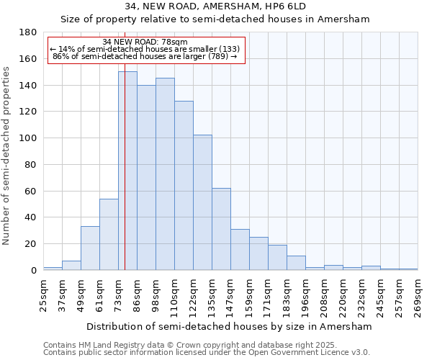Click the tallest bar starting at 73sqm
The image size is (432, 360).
(127, 171)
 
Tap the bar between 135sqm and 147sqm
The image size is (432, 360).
(221, 229)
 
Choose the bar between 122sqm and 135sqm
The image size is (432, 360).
(202, 202)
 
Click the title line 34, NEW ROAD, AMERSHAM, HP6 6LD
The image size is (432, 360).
(215, 6)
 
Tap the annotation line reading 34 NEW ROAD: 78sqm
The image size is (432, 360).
(145, 42)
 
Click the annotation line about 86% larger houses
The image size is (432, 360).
(145, 56)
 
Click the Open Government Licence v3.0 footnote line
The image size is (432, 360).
(207, 353)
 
